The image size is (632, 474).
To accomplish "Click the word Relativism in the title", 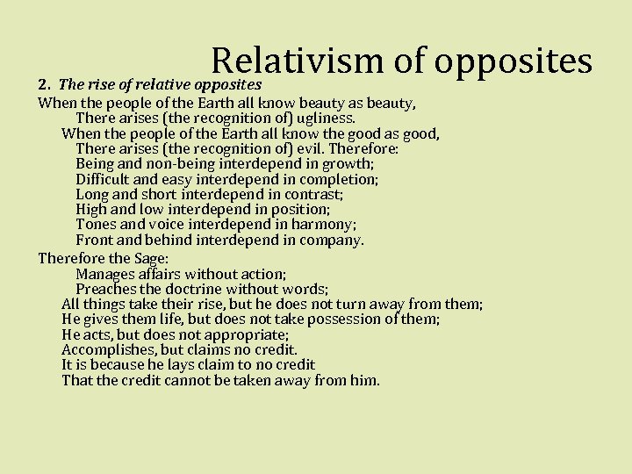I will tap(294, 61).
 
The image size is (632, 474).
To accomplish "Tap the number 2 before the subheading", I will tap(42, 85).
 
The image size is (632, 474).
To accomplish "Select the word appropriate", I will tap(248, 334).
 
